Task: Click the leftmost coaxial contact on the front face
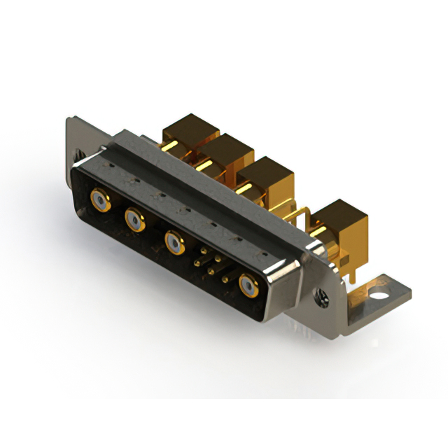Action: (x=99, y=202)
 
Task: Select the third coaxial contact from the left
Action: (x=174, y=243)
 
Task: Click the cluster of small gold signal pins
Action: (x=209, y=265)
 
